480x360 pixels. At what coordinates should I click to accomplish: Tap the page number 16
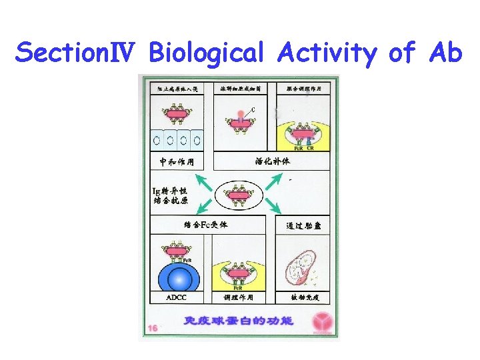tap(153, 328)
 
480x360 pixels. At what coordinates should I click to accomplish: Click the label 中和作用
tap(177, 161)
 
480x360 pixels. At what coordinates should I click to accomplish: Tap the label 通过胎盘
tap(303, 226)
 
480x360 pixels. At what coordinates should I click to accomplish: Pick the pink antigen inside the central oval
tap(239, 195)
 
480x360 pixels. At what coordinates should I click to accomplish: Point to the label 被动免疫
tap(303, 297)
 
